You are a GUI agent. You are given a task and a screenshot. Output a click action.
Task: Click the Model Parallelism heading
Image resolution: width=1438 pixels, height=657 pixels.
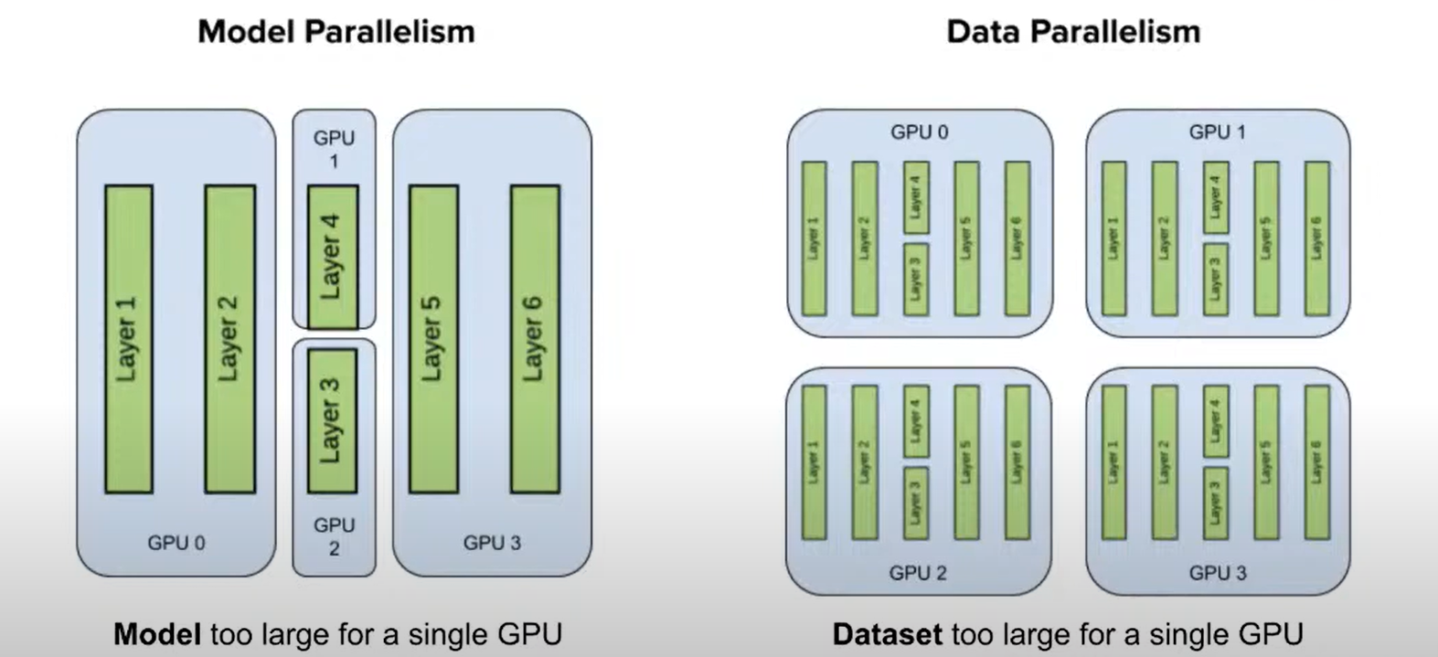pos(336,32)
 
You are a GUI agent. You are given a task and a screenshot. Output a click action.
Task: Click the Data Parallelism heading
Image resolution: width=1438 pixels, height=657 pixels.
pos(1073,32)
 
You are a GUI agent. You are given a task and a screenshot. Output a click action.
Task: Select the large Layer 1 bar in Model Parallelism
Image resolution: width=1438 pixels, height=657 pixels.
pos(129,339)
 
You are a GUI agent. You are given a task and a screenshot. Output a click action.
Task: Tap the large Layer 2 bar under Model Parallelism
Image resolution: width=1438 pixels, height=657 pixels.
pos(229,339)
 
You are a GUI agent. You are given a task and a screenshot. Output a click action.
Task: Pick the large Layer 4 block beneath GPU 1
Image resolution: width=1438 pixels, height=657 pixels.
pos(333,257)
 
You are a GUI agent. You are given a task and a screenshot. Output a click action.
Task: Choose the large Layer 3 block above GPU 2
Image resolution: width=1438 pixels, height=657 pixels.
pos(333,420)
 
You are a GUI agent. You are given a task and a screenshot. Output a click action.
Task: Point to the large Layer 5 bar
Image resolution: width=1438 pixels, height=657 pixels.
pos(433,339)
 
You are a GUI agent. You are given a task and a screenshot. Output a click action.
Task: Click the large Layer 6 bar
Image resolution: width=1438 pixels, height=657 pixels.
pos(535,339)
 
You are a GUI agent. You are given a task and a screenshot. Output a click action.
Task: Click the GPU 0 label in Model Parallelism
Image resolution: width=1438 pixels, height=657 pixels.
pos(176,543)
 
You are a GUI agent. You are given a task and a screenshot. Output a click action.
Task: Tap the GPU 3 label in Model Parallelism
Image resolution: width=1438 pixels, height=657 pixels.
pos(492,543)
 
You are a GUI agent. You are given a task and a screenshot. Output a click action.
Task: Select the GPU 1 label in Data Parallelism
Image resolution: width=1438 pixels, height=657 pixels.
pos(1217,132)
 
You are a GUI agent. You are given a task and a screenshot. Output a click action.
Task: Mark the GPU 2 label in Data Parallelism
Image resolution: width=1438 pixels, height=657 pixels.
pos(918,573)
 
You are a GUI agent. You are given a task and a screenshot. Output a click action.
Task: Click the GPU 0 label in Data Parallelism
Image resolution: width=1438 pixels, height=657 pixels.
pos(919,132)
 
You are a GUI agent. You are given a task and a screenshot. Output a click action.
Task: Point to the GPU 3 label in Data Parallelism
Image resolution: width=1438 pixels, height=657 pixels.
pos(1217,573)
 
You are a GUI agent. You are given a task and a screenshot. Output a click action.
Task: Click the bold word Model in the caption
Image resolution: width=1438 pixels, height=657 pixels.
pos(156,634)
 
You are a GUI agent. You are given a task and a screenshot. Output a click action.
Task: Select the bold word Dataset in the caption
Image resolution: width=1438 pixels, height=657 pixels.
pos(887,634)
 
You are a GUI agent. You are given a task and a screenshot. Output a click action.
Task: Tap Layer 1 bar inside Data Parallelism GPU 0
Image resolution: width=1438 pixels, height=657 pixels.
pos(815,238)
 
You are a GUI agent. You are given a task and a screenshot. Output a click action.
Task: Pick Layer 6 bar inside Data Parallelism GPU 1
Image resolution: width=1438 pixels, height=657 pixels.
pos(1316,238)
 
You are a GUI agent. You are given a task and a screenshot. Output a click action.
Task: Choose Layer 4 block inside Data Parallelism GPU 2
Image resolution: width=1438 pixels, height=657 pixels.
pos(916,420)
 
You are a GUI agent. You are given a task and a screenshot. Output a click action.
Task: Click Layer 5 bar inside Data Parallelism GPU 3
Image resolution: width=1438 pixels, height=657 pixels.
pos(1266,461)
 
